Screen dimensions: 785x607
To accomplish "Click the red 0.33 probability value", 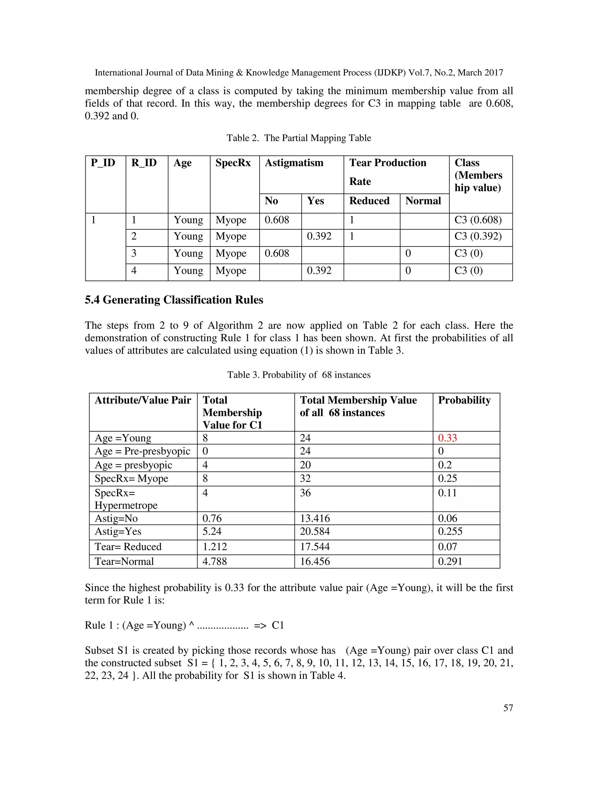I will click(447, 438).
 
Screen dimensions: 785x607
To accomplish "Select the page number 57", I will click(508, 708).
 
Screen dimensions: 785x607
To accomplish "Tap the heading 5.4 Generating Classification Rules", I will click(174, 300).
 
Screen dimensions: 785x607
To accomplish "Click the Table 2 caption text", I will click(298, 138).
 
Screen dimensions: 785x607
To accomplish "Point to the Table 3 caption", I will click(298, 375).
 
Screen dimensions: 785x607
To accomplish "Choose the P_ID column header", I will click(103, 163).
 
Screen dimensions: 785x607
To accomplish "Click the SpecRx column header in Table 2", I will click(233, 163).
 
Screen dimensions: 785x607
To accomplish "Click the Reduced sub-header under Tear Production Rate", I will click(369, 201).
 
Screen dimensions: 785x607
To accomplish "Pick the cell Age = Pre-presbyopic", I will click(142, 451).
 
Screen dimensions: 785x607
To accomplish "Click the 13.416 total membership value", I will click(315, 518).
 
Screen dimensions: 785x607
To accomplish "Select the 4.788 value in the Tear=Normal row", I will click(215, 561).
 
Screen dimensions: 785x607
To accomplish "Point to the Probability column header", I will click(464, 400).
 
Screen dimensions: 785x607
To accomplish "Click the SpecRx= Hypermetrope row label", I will click(126, 499).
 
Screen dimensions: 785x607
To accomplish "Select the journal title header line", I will click(298, 73).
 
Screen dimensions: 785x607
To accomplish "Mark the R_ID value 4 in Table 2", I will click(134, 271).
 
